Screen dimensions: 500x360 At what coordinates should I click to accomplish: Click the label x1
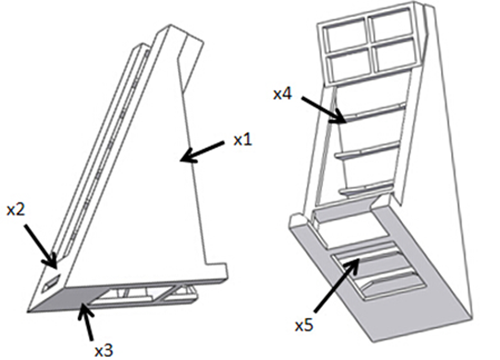[x=242, y=140]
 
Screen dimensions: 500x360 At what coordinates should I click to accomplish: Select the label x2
[x=16, y=210]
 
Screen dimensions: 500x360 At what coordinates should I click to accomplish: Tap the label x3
[x=104, y=350]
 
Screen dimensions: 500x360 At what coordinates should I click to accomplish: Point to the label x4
[x=282, y=94]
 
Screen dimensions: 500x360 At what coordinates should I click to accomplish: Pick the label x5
[x=304, y=325]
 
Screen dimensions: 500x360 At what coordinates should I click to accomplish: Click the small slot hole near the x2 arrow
[x=51, y=282]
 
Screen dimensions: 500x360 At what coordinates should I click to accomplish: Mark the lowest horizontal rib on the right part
[x=366, y=188]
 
